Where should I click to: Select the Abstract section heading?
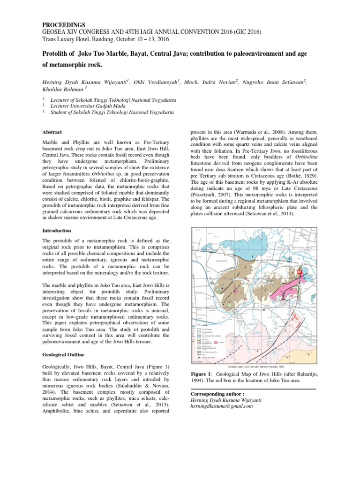click(53, 132)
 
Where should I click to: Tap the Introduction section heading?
click(57, 231)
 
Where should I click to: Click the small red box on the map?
click(300, 271)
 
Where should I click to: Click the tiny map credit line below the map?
click(256, 367)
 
